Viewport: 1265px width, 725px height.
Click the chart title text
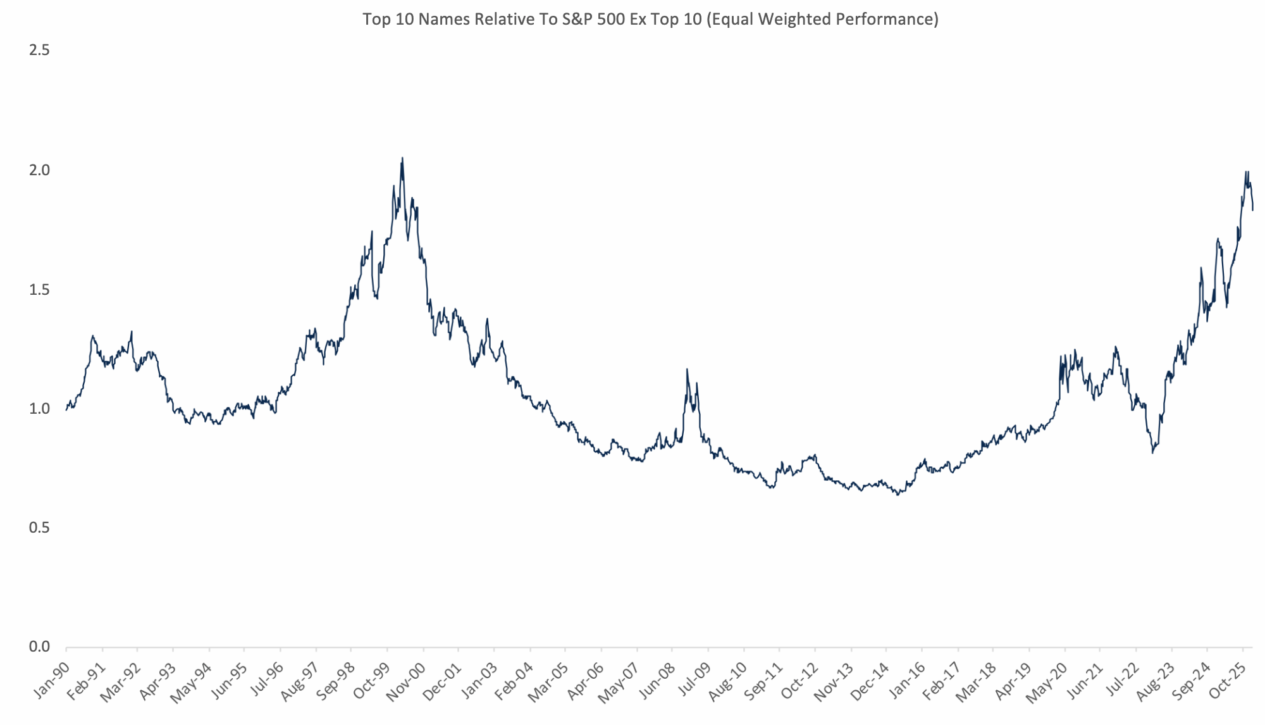pyautogui.click(x=650, y=20)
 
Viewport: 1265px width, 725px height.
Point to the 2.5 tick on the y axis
pyautogui.click(x=39, y=51)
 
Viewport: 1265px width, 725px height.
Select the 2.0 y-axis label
pyautogui.click(x=39, y=170)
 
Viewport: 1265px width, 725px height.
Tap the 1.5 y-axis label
pyautogui.click(x=39, y=290)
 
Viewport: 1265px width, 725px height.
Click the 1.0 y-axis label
pyautogui.click(x=39, y=409)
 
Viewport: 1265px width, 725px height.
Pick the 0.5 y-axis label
pyautogui.click(x=39, y=528)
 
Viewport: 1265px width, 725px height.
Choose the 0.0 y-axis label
pyautogui.click(x=39, y=647)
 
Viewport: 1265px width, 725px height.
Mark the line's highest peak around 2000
pyautogui.click(x=402, y=158)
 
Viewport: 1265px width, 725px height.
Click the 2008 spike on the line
pyautogui.click(x=687, y=369)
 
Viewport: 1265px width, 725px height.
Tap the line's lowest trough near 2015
pyautogui.click(x=898, y=495)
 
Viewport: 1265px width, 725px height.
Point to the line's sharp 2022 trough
pyautogui.click(x=1152, y=453)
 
